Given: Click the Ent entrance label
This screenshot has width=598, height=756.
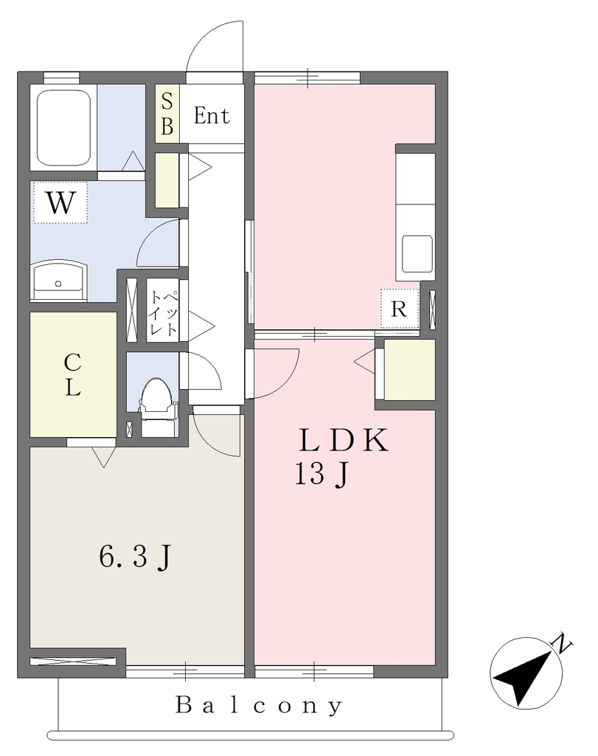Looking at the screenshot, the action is (212, 116).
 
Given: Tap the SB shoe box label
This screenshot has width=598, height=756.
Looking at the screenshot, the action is (167, 114).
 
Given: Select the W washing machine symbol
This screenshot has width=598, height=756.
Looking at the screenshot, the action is (60, 202).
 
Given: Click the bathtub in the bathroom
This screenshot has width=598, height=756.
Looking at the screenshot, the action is (63, 127).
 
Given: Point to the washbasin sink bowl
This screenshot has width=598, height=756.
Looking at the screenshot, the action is (59, 281).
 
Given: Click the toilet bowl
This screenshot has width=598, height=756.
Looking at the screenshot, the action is (154, 396).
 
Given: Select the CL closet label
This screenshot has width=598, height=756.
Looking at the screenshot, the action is (73, 374).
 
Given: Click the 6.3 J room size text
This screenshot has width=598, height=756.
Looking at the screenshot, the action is (135, 557).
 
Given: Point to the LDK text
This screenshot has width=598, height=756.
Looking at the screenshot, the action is (343, 440).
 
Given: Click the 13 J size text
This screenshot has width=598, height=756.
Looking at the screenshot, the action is (321, 475).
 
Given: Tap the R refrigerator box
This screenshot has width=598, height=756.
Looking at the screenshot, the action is (399, 309).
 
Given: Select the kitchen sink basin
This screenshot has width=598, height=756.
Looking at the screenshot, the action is (417, 254).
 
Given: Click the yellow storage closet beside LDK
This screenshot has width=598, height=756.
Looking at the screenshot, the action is (410, 370).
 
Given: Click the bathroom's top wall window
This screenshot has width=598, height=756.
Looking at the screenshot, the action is (61, 78).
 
